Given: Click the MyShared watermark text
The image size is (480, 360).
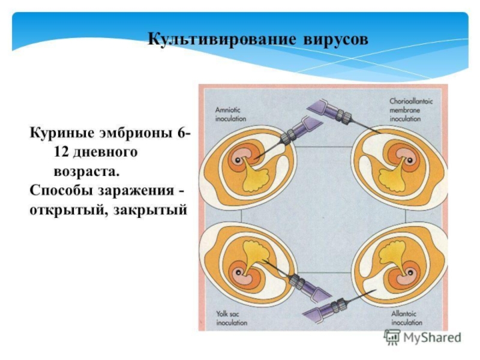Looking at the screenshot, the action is tap(431, 337).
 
